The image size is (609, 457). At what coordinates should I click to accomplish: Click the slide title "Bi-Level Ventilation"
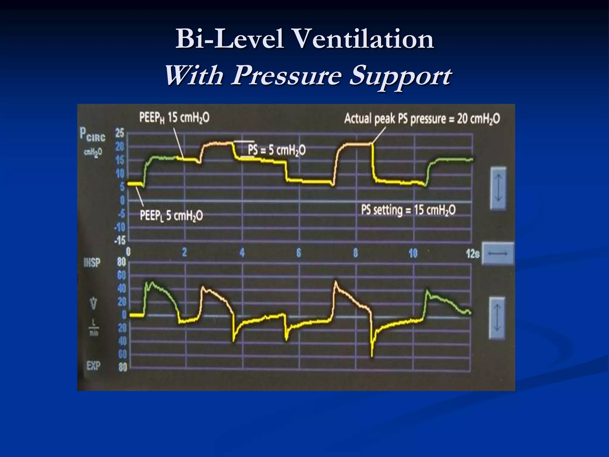click(x=304, y=40)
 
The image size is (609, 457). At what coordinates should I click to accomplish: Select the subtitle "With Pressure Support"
click(x=308, y=76)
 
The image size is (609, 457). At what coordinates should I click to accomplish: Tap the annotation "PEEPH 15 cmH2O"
click(x=174, y=118)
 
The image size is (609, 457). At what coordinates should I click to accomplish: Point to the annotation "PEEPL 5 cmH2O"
click(x=171, y=215)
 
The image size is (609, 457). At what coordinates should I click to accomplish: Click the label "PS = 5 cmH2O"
click(x=277, y=151)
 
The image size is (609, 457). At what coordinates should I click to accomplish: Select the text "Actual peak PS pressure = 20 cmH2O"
click(x=422, y=119)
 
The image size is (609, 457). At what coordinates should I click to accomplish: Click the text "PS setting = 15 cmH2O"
click(x=408, y=210)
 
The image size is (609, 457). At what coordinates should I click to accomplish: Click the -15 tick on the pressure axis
click(x=120, y=240)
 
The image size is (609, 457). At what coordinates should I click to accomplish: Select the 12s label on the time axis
click(x=472, y=254)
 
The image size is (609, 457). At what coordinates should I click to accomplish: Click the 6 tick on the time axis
click(x=299, y=253)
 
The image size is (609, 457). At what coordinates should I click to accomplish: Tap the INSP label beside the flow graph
click(x=92, y=263)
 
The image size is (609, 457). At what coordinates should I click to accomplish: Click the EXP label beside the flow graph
click(x=93, y=366)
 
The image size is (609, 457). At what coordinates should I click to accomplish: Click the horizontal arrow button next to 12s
click(x=498, y=253)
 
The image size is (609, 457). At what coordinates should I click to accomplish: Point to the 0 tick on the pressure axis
click(x=122, y=201)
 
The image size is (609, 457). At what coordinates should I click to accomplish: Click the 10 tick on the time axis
click(x=413, y=253)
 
